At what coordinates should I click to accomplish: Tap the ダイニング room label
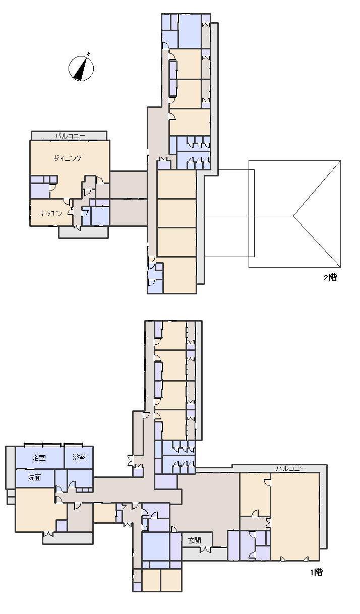(x=68, y=158)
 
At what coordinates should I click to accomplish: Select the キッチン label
(x=51, y=213)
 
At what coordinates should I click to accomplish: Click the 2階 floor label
(x=330, y=277)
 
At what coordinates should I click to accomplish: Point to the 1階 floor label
(x=317, y=572)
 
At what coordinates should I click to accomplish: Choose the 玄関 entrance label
(x=195, y=540)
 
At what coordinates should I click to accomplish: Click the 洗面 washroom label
(x=34, y=477)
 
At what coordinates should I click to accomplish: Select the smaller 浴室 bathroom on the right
(x=79, y=458)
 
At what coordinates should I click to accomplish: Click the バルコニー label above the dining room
(x=70, y=136)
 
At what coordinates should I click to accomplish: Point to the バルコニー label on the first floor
(x=290, y=468)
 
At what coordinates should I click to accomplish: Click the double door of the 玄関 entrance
(x=205, y=549)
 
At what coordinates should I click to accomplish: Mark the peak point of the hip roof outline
(x=293, y=216)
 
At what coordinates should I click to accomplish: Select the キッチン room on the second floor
(x=51, y=213)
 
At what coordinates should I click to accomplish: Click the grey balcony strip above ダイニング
(x=69, y=136)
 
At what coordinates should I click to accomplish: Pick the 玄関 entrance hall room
(x=197, y=540)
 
